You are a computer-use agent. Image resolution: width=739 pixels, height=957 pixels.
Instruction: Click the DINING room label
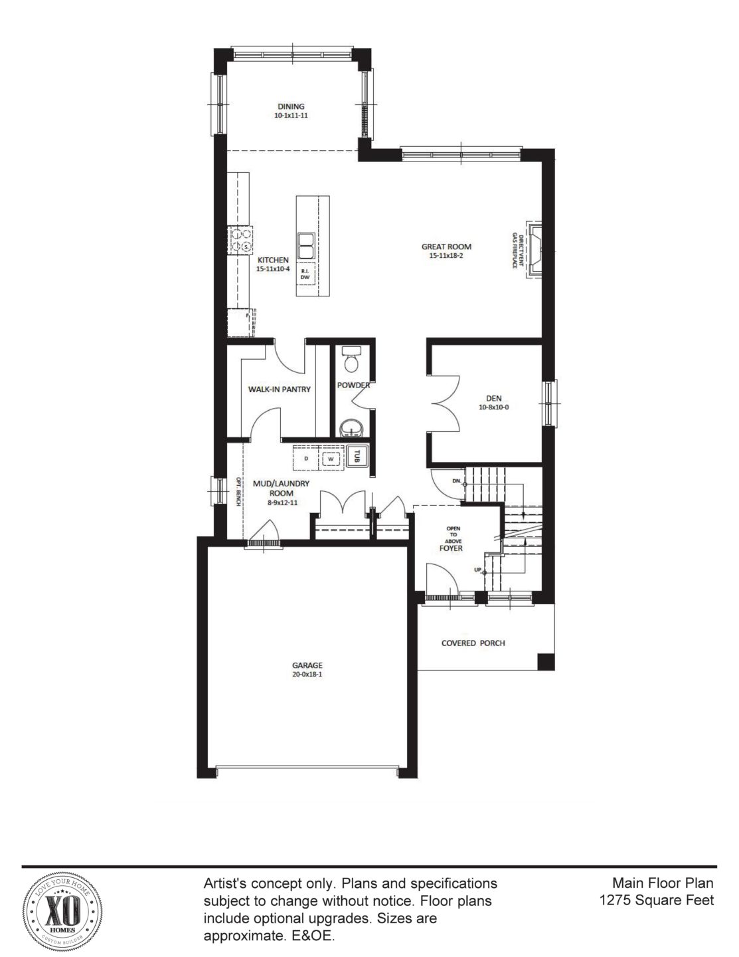pos(291,106)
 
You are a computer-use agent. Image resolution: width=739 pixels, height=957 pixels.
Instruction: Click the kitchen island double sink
pos(306,245)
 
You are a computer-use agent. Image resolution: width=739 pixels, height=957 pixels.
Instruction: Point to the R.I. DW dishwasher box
pos(306,274)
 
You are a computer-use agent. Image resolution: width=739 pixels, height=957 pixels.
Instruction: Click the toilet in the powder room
pos(352,361)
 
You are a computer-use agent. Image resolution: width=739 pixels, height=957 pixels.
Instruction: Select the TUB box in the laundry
pos(357,455)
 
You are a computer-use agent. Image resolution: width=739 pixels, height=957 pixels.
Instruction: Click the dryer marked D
pos(306,459)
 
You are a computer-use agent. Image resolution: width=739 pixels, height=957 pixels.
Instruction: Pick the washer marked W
pos(330,459)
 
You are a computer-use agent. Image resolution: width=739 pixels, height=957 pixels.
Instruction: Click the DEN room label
pos(493,399)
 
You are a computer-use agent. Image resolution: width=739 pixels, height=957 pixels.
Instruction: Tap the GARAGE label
pos(307,665)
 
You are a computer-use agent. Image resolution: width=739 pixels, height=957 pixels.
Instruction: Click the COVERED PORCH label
pos(473,643)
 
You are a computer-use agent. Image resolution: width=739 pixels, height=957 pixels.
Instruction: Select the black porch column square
pos(545,662)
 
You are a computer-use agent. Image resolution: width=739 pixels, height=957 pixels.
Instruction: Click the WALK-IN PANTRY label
pos(279,389)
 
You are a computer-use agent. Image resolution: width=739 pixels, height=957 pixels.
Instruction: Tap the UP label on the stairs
pos(478,570)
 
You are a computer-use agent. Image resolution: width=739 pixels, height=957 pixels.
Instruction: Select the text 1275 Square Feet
pos(656,901)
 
